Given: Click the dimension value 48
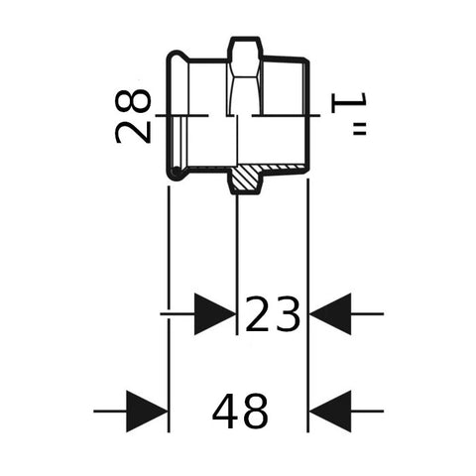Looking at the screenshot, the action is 240,412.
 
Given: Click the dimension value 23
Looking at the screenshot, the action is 273,313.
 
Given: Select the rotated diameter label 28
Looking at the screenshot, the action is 133,116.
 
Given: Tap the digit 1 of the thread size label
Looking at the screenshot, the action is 348,103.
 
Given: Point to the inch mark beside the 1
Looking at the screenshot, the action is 360,129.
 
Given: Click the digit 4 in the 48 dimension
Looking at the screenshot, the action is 225,412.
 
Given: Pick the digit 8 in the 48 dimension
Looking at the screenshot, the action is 255,412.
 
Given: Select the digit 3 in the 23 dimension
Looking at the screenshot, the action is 288,314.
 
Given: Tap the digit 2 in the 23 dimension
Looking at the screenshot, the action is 258,313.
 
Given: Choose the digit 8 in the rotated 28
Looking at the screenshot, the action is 133,101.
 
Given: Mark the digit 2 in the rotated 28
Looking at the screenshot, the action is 133,131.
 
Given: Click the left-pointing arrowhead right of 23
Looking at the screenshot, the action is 330,313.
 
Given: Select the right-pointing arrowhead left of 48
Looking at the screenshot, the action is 147,412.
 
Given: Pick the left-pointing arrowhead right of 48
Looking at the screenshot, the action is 330,412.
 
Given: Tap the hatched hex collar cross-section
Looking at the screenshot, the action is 245,178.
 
